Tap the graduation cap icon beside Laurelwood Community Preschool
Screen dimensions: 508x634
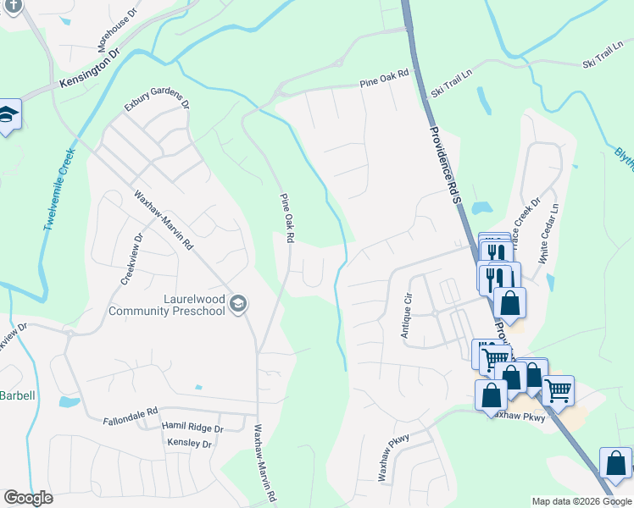pos(239,304)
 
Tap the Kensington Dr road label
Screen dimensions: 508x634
pos(91,75)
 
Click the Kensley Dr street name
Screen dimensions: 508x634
pos(190,443)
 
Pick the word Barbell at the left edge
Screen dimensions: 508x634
pos(17,395)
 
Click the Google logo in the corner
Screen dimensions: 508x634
pos(28,498)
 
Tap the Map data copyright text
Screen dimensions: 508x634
pos(581,501)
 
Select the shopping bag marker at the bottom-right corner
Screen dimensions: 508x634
pos(615,464)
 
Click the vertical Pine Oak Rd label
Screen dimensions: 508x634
pos(286,218)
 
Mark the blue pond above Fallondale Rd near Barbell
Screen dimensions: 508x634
pos(68,401)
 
